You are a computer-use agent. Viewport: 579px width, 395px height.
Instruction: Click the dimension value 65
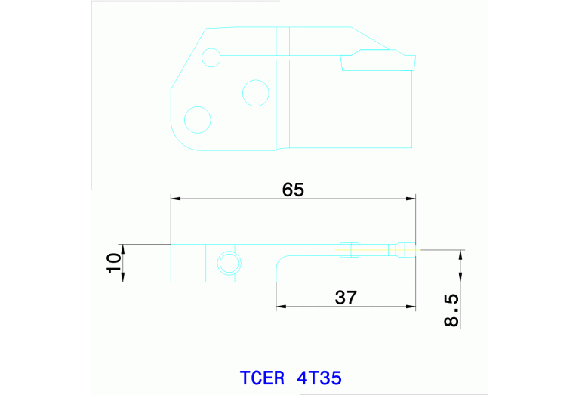pyautogui.click(x=293, y=190)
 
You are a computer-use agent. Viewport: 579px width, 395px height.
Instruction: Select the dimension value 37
pyautogui.click(x=345, y=297)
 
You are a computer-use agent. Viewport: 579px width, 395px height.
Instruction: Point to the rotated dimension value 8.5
pyautogui.click(x=451, y=310)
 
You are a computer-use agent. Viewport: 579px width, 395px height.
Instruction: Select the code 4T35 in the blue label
pyautogui.click(x=319, y=377)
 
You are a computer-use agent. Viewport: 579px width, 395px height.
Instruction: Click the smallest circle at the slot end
pyautogui.click(x=211, y=56)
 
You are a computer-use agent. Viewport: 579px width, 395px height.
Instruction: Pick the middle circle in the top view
pyautogui.click(x=255, y=93)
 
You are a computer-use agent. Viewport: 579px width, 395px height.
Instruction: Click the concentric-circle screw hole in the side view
pyautogui.click(x=228, y=263)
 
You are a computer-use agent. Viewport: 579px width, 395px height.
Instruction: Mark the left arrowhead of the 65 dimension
pyautogui.click(x=176, y=199)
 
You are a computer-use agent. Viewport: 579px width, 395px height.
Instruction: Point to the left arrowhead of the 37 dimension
pyautogui.click(x=281, y=307)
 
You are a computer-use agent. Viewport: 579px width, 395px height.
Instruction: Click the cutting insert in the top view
pyautogui.click(x=377, y=60)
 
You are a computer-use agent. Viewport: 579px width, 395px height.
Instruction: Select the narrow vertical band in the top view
pyautogui.click(x=282, y=87)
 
